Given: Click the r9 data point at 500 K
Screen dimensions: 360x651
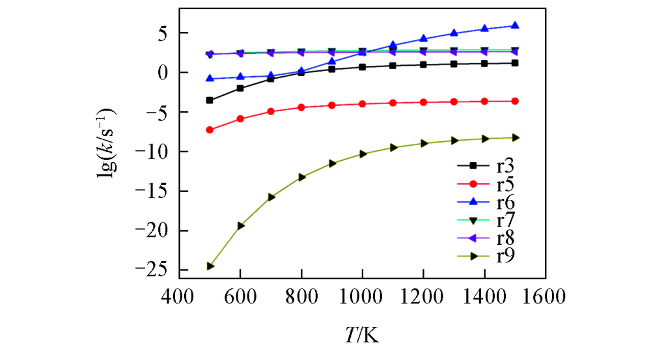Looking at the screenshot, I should click(x=210, y=266).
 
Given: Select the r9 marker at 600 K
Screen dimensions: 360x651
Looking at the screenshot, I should click(x=240, y=225).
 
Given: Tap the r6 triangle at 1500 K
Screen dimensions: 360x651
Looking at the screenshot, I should click(x=515, y=25).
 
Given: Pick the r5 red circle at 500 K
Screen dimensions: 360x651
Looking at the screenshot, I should click(x=210, y=130).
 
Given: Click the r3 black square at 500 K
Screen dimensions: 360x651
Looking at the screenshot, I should click(x=210, y=100).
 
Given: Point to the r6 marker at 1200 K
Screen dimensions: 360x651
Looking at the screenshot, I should click(x=423, y=38).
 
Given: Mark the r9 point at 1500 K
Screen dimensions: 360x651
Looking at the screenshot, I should click(x=515, y=137).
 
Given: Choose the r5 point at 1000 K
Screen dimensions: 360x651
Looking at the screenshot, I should click(x=362, y=104).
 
